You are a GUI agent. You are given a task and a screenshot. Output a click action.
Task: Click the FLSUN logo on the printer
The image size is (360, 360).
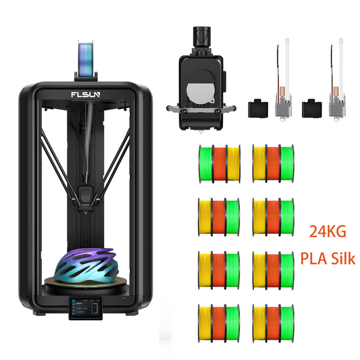85,95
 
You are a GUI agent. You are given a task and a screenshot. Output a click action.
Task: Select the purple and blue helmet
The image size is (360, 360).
86,265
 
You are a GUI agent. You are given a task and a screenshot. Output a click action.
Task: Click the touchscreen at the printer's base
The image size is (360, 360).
86,309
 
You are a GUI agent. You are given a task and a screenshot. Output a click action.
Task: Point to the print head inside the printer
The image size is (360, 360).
85,199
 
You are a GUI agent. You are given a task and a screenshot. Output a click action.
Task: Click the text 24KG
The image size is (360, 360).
328,231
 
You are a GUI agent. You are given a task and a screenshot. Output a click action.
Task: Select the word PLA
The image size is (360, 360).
313,258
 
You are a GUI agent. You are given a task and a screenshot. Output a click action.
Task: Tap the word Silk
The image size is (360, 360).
343,258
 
